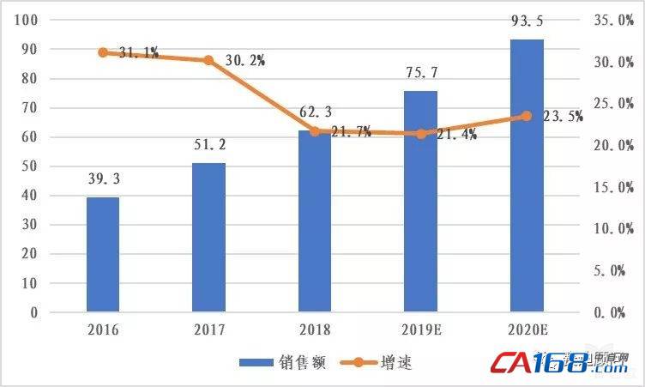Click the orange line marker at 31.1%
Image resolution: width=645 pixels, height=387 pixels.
coord(103,52)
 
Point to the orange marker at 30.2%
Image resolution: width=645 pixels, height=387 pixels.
coord(208,60)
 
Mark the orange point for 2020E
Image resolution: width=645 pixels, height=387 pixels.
coord(527,116)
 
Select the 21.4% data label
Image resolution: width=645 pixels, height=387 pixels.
coord(457,134)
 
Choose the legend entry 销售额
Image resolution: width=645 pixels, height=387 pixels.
coord(282,363)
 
